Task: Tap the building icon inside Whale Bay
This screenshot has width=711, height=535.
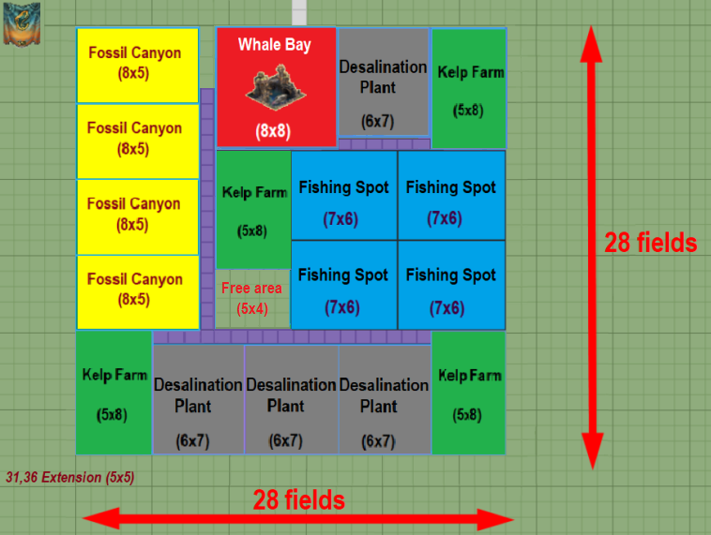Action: pos(275,86)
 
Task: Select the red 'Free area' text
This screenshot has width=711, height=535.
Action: pos(251,289)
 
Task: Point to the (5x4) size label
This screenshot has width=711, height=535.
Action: pos(251,307)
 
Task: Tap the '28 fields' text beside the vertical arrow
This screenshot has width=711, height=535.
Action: pos(650,243)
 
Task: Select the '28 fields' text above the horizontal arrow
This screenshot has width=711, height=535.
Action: pos(298,499)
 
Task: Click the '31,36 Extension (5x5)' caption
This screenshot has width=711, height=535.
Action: pos(70,477)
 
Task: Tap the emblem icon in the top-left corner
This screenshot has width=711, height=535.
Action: pos(21,23)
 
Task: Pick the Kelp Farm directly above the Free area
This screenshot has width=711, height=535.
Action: pos(253,210)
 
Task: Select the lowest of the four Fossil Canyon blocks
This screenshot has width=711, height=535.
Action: pos(137,291)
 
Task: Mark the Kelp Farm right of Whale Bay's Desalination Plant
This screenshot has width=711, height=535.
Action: pos(469,87)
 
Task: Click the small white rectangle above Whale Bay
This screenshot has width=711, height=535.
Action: pos(299,13)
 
